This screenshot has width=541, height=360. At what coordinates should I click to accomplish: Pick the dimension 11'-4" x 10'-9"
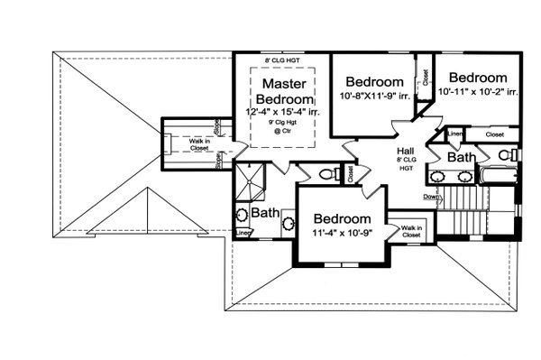tap(342, 234)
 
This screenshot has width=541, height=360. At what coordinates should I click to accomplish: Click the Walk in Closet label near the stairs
tap(413, 232)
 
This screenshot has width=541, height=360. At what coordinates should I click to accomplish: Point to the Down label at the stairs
tap(431, 197)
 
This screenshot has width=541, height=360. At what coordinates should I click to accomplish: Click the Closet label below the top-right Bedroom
tap(494, 134)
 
